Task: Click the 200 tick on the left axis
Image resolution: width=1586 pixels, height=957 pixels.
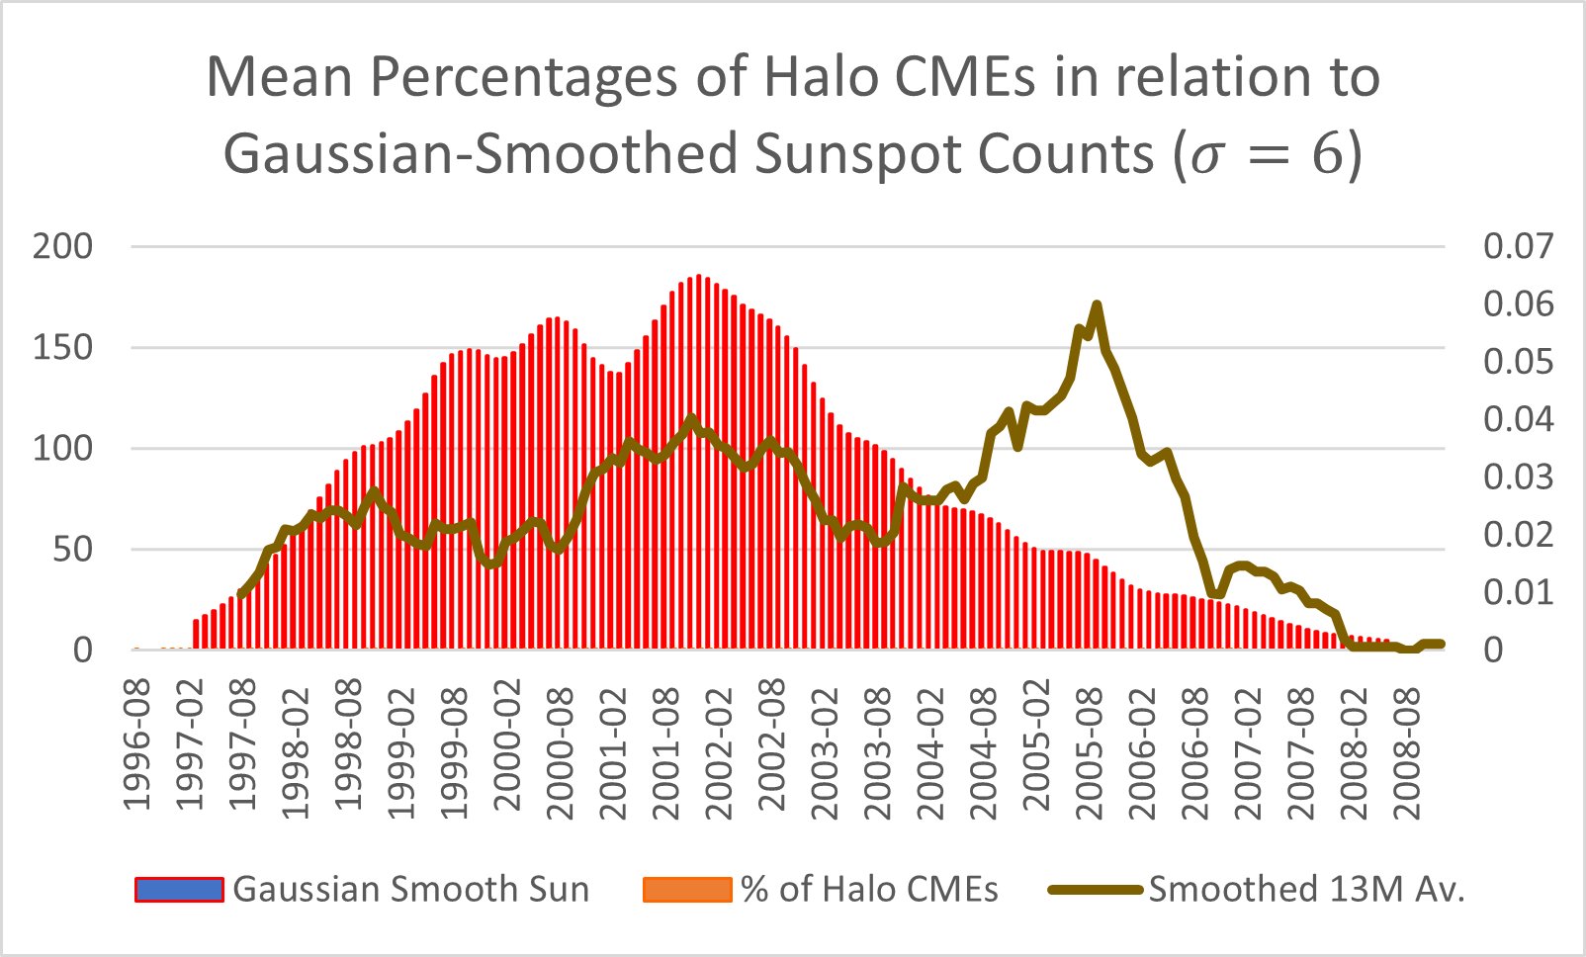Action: (x=62, y=246)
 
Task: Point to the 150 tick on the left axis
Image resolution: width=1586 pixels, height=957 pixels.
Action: (x=62, y=347)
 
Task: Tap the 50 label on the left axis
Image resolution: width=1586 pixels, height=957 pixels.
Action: (x=72, y=549)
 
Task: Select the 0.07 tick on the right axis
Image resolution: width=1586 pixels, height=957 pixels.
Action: (x=1518, y=246)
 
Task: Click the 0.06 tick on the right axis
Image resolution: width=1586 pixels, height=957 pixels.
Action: (x=1518, y=304)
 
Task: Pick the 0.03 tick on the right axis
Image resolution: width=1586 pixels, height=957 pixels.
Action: (x=1518, y=477)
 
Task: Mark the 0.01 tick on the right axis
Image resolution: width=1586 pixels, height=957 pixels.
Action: (x=1518, y=591)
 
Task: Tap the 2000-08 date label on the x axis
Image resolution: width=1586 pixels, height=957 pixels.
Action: (x=560, y=748)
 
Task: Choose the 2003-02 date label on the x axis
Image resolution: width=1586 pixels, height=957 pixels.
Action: (x=825, y=748)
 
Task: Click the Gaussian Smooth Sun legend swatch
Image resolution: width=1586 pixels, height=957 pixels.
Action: (x=179, y=890)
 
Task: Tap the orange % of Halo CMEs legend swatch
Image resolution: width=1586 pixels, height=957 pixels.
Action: (x=687, y=890)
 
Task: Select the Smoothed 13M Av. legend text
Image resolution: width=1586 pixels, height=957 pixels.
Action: (x=1305, y=890)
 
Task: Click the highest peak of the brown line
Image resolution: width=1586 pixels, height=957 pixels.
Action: (x=1097, y=304)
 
